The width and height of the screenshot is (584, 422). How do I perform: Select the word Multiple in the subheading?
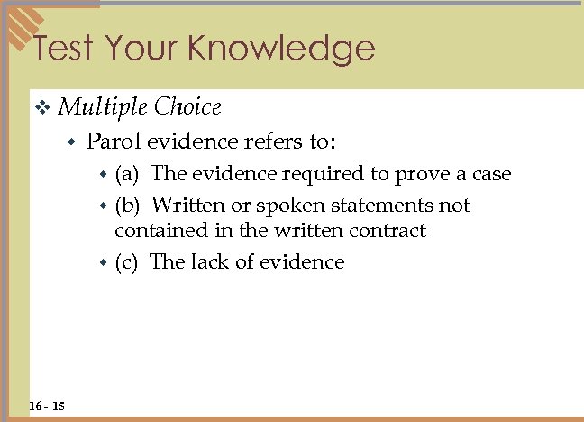point(102,107)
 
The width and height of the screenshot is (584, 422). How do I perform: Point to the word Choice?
point(187,107)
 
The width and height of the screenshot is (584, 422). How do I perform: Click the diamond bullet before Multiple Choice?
point(41,108)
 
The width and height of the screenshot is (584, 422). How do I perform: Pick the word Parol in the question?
point(114,141)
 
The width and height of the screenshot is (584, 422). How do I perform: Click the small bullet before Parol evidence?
point(73,142)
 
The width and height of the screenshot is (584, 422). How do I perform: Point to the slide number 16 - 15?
point(46,407)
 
